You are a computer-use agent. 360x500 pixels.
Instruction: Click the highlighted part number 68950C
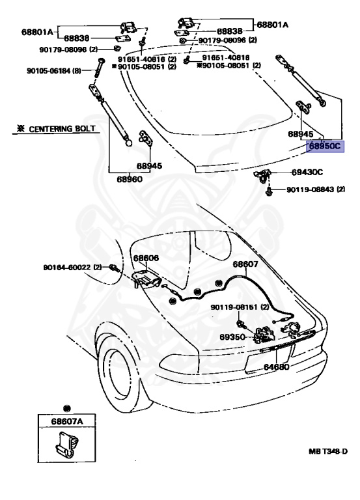(325, 146)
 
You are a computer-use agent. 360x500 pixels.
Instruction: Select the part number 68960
(130, 179)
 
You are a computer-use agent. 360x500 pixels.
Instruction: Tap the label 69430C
(307, 172)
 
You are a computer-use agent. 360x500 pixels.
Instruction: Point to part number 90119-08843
(311, 189)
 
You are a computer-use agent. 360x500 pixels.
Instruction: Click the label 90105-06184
(48, 70)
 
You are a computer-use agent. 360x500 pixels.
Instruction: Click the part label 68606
(146, 258)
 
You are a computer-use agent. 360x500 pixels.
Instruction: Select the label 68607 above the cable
(245, 264)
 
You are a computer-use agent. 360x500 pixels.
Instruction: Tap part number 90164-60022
(67, 267)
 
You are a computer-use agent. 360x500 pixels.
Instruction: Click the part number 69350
(232, 337)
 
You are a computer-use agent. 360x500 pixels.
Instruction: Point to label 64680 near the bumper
(277, 367)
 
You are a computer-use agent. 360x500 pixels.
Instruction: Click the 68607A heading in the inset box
(67, 422)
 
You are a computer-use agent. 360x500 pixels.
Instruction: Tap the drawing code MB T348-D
(328, 451)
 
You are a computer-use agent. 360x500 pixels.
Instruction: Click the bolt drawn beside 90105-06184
(99, 68)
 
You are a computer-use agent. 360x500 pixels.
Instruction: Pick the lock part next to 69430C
(262, 175)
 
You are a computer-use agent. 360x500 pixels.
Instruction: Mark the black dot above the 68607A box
(67, 408)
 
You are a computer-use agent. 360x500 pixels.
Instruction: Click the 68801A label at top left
(36, 32)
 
